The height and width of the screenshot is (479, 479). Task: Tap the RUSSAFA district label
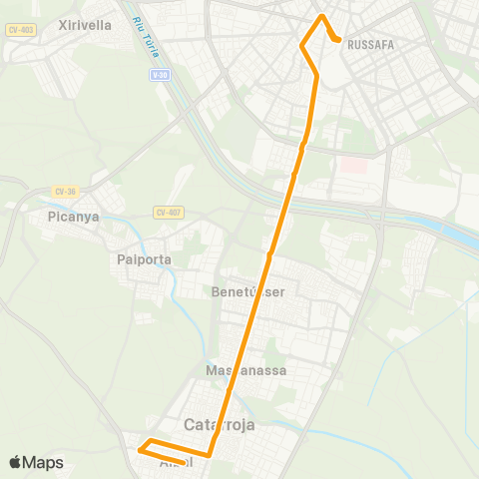click(371, 44)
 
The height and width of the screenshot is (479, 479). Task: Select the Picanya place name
click(73, 216)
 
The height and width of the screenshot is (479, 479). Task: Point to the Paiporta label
click(145, 259)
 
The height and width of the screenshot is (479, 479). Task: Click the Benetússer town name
click(248, 292)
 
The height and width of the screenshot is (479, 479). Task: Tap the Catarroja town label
click(220, 424)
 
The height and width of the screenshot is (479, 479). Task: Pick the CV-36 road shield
click(66, 191)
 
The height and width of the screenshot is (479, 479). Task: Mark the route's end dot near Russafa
click(339, 41)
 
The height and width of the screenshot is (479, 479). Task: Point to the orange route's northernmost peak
click(321, 16)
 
